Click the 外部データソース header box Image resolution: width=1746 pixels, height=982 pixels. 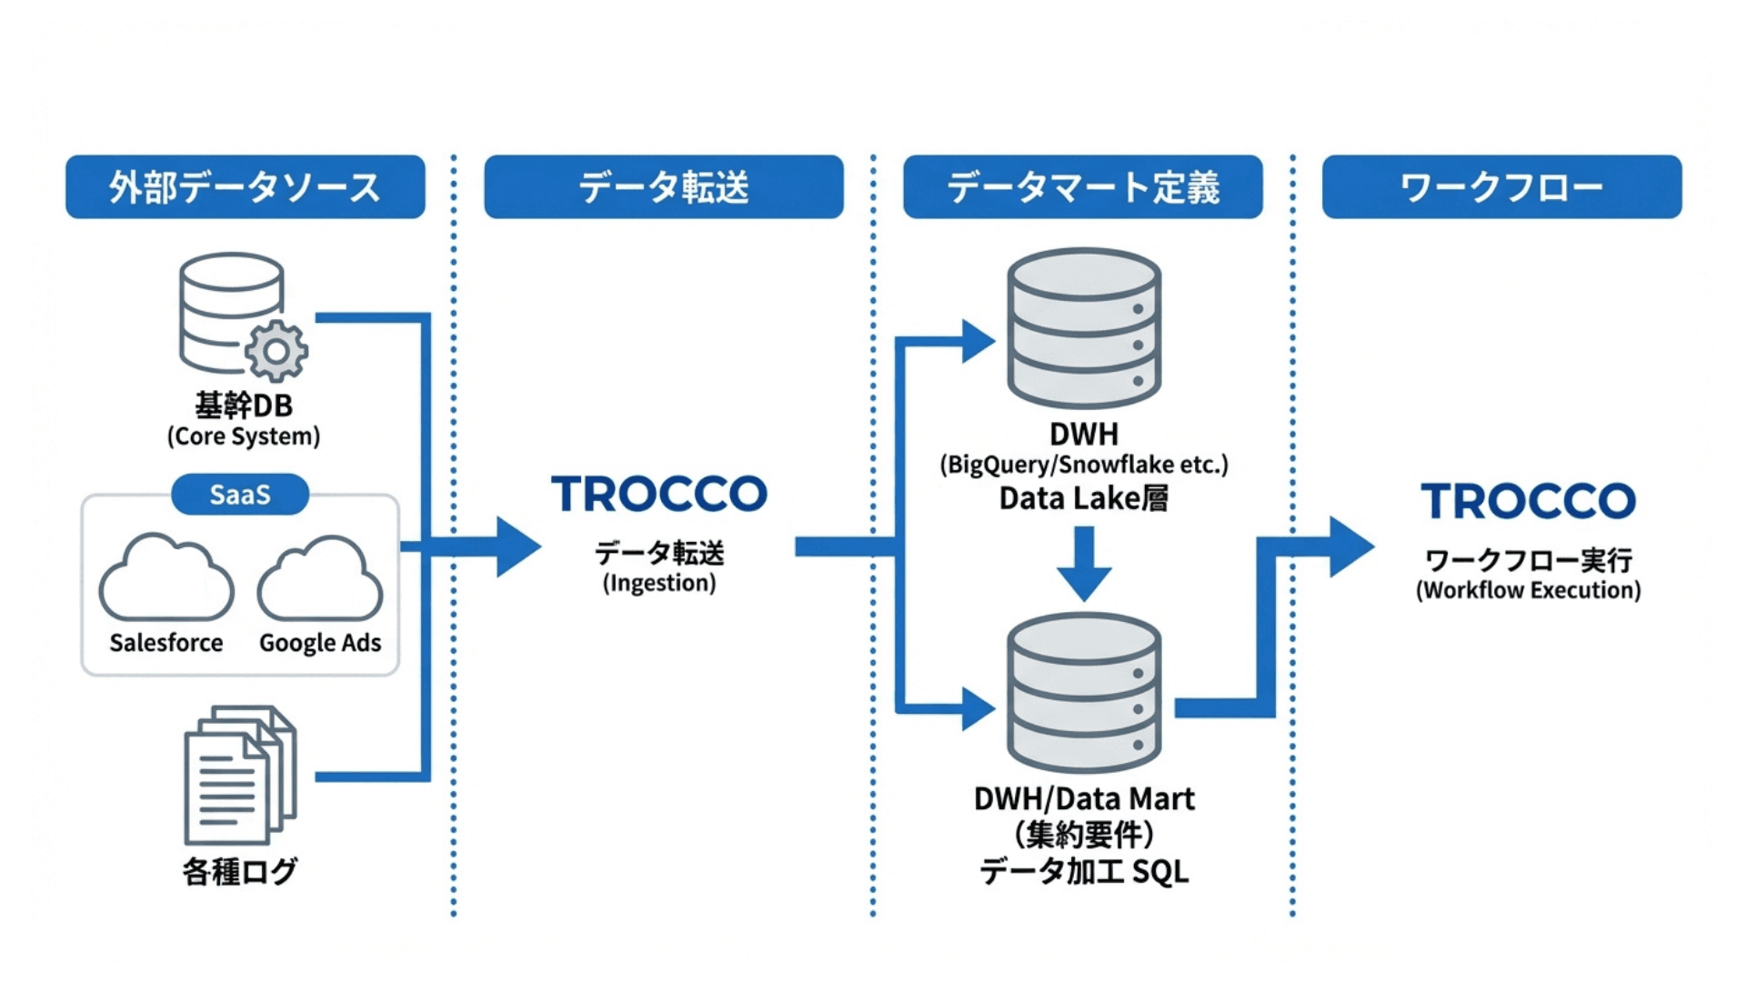coord(245,186)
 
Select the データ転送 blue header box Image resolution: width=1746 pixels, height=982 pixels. coord(663,186)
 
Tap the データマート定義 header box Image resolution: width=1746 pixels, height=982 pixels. coord(1082,186)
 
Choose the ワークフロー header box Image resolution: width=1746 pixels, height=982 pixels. coord(1501,186)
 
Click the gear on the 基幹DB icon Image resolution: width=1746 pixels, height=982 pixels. coord(276,351)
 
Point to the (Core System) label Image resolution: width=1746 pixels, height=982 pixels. coord(244,436)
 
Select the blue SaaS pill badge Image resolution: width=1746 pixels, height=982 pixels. coord(240,495)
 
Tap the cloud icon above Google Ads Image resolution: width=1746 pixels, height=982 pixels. coord(320,580)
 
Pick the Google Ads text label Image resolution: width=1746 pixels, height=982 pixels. coord(320,643)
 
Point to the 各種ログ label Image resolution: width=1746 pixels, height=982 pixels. coord(240,871)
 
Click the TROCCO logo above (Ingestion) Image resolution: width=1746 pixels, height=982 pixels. coord(659,494)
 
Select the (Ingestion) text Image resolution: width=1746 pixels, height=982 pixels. coord(659,583)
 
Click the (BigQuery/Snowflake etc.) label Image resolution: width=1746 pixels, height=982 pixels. coord(1083,465)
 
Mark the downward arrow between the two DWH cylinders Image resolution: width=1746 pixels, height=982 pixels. coord(1083,565)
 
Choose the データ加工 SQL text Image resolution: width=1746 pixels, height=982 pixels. coord(1083,871)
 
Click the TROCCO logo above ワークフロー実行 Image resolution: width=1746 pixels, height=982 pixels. coord(1528,501)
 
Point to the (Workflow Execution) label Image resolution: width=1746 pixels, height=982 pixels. coord(1528,590)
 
